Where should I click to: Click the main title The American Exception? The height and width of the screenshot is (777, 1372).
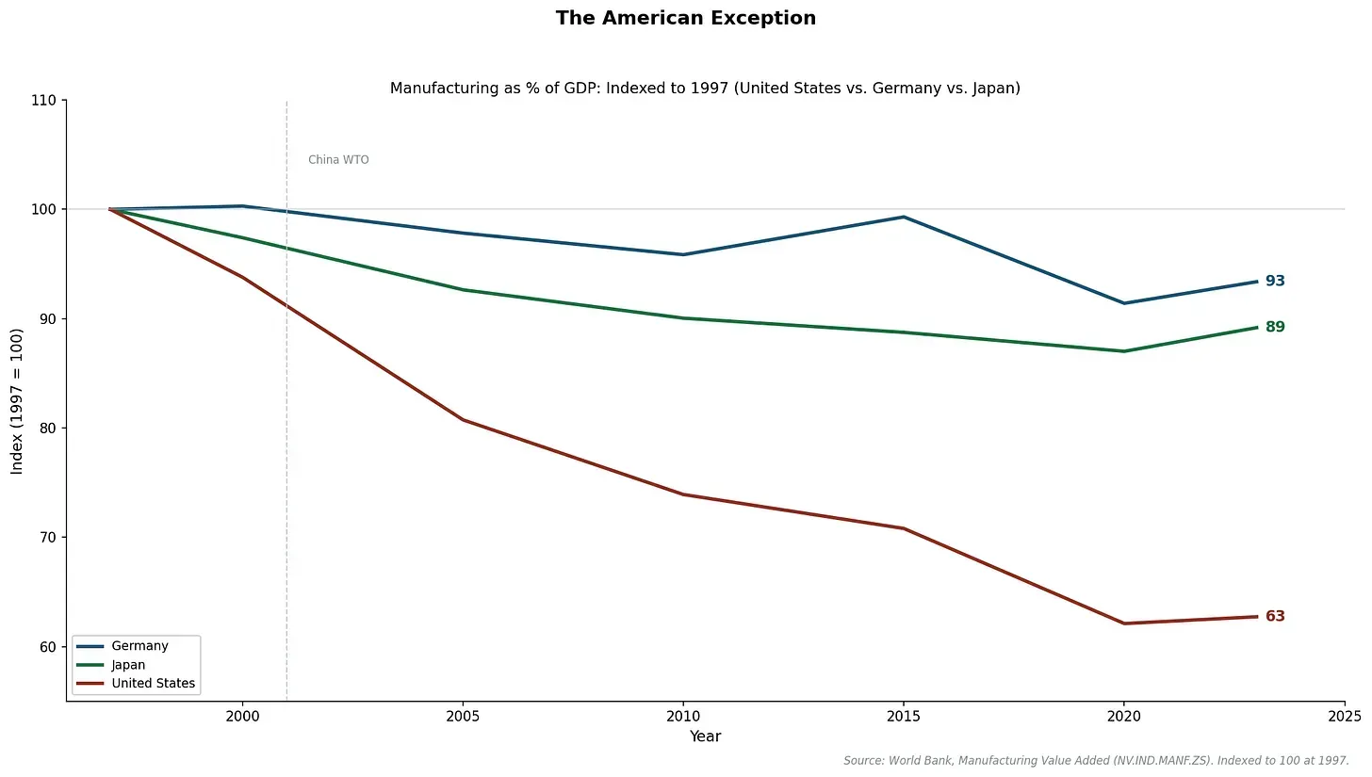[x=685, y=18]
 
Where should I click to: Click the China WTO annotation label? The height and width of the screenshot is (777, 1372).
[x=338, y=160]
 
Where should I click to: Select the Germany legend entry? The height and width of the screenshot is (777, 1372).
[x=139, y=646]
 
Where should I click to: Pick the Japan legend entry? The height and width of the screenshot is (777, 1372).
[x=128, y=665]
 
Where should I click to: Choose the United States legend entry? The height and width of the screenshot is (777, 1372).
[x=153, y=684]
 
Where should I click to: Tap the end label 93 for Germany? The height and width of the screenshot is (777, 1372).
[x=1275, y=281]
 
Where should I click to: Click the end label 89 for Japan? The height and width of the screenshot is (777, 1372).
[x=1275, y=327]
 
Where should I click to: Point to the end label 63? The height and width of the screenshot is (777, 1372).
[x=1275, y=616]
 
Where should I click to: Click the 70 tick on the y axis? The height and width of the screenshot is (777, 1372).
[x=47, y=538]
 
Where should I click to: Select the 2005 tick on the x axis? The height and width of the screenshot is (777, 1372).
[x=463, y=716]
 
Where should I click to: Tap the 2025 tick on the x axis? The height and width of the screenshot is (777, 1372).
[x=1344, y=716]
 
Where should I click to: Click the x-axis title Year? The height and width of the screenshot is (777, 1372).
[x=705, y=737]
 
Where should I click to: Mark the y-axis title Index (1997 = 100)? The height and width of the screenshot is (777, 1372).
[x=17, y=401]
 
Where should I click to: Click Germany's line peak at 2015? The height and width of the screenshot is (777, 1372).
[x=904, y=217]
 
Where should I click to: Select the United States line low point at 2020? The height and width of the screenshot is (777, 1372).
[x=1123, y=623]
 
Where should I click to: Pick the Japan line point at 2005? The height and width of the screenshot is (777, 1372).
[x=463, y=289]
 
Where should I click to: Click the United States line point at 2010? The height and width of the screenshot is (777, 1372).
[x=683, y=494]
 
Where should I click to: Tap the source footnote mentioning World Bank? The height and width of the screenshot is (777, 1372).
[x=1096, y=760]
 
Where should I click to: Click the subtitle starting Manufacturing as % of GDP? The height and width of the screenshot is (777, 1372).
[x=705, y=88]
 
